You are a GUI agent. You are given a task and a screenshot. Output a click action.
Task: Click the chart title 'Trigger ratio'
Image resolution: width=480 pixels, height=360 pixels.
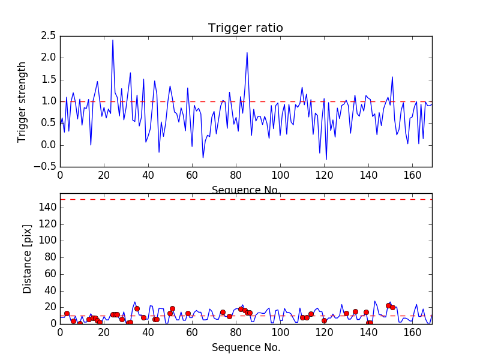pos(245,28)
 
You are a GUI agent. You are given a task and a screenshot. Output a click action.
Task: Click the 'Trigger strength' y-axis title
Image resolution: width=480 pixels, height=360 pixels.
pos(22,101)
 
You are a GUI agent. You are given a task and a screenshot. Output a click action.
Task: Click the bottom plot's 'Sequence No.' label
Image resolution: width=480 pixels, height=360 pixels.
pos(245,347)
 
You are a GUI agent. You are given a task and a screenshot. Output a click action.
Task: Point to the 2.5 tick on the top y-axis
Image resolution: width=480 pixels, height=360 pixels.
pos(48,36)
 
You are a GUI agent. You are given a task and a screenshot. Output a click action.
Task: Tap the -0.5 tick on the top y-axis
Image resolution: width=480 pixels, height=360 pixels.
pos(46,167)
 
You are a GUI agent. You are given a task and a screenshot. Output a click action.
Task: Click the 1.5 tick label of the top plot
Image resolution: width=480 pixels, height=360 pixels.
pos(48,80)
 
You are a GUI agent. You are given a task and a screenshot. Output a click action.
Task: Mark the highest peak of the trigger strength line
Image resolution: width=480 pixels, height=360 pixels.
pos(113,40)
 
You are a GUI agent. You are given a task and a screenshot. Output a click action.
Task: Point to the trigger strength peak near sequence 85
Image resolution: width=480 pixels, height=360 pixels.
pos(247,53)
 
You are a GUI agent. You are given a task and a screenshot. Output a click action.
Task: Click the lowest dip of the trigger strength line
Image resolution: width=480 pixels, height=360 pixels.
pos(326,160)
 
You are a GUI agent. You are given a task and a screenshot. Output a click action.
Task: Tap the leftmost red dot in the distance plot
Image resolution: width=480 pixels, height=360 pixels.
pos(67,313)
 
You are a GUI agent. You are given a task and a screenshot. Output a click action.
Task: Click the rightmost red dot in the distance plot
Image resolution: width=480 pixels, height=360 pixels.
pos(392,308)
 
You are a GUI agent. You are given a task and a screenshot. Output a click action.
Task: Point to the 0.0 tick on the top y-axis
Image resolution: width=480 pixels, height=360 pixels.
pos(48,145)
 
